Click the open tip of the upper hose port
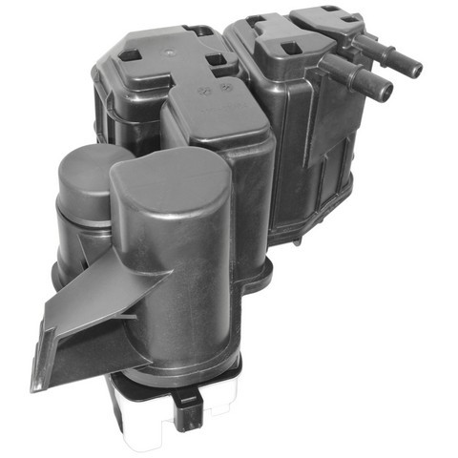pyautogui.click(x=416, y=66)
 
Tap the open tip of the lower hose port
pyautogui.click(x=387, y=93)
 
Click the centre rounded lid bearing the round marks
pyautogui.click(x=215, y=114)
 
